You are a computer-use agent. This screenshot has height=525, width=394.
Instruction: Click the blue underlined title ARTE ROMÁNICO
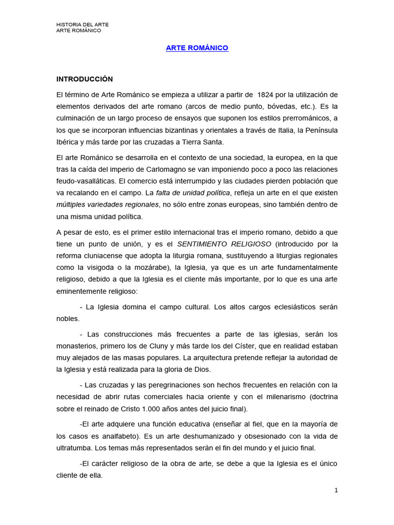click(197, 48)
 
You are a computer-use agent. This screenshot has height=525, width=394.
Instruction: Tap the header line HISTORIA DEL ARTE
click(82, 25)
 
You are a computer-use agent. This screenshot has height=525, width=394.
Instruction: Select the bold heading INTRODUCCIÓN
click(84, 79)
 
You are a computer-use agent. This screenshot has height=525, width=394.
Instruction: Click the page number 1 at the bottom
click(336, 490)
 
